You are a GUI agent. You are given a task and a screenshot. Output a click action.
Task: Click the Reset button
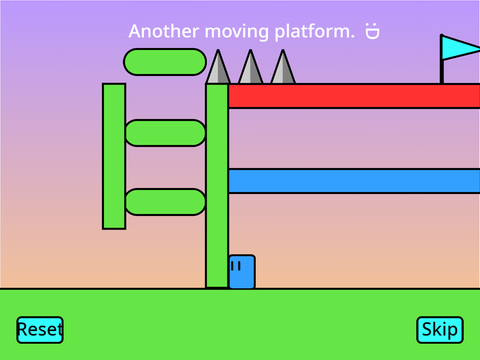(x=40, y=330)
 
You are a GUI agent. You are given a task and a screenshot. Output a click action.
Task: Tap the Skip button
(x=440, y=330)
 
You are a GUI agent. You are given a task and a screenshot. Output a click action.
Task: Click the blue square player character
(x=242, y=272)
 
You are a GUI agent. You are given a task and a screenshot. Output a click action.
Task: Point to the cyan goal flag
(x=461, y=49)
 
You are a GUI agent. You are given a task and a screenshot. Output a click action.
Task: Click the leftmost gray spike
(x=218, y=68)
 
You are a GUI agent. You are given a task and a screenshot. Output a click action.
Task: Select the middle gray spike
(x=250, y=68)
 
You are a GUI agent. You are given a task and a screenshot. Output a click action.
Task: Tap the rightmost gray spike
(x=283, y=68)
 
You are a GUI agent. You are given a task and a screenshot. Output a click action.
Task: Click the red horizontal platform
(x=354, y=96)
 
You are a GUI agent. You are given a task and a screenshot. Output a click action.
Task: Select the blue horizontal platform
(x=354, y=181)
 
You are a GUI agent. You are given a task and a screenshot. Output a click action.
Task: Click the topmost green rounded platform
(x=165, y=62)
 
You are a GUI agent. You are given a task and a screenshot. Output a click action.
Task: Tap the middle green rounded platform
(x=165, y=133)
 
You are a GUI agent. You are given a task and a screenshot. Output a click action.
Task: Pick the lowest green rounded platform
(x=165, y=202)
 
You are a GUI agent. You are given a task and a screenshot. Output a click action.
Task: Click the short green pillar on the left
(x=114, y=156)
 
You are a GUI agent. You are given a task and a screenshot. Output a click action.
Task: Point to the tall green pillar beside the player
(x=217, y=186)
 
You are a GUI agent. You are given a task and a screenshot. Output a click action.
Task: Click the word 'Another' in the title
(x=164, y=31)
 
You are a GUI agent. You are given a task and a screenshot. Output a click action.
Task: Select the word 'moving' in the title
(x=237, y=32)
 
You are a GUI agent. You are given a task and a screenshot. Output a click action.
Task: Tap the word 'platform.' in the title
(x=315, y=32)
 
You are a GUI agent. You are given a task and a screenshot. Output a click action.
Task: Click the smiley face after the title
(x=372, y=31)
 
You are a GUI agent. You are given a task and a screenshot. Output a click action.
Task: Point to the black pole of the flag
(x=442, y=59)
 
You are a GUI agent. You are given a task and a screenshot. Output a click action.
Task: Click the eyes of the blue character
(x=236, y=266)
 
